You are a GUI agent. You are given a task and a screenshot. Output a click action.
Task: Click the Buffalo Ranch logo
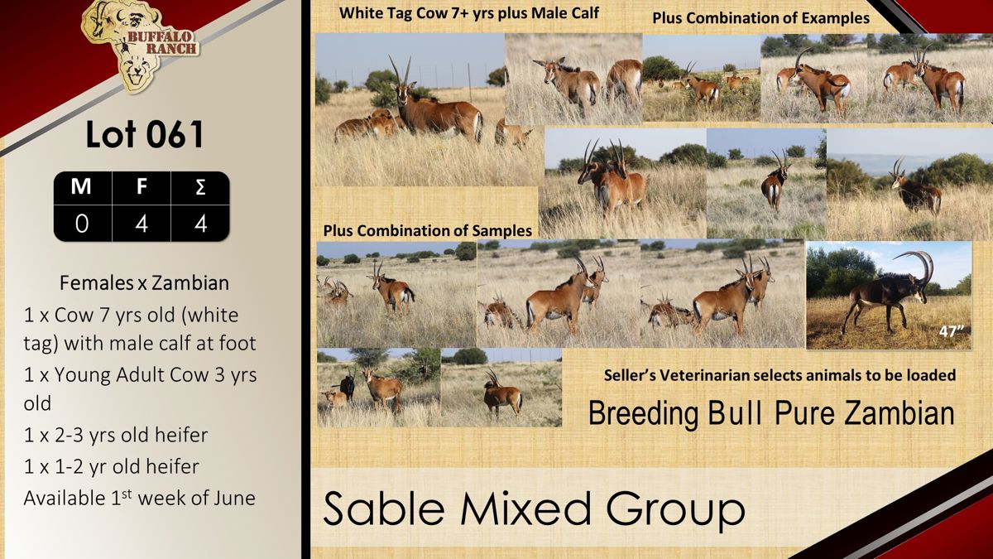click(140, 46)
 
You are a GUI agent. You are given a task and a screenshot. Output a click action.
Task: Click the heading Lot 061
click(145, 134)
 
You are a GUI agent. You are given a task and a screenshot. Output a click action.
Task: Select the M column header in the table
click(81, 186)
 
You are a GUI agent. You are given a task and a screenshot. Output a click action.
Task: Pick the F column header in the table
click(142, 186)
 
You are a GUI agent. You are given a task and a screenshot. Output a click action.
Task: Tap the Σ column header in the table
click(200, 187)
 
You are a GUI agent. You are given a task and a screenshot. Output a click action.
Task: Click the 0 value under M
click(82, 224)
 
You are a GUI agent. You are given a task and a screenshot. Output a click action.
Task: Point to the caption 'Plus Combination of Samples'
click(427, 231)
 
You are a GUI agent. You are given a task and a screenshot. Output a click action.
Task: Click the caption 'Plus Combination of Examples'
click(760, 18)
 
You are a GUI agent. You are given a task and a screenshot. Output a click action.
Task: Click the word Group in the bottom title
click(675, 509)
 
